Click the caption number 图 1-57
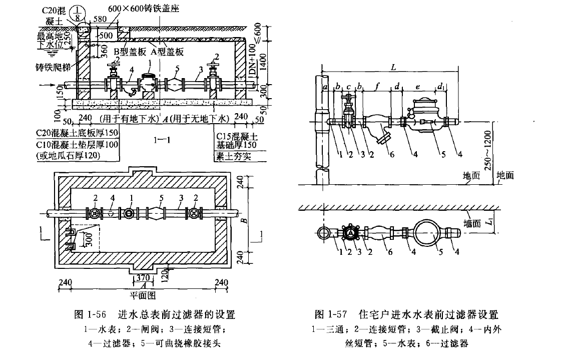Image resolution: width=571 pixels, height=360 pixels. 331,315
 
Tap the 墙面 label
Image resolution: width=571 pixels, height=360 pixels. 472,224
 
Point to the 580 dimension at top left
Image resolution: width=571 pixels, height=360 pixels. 100,19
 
